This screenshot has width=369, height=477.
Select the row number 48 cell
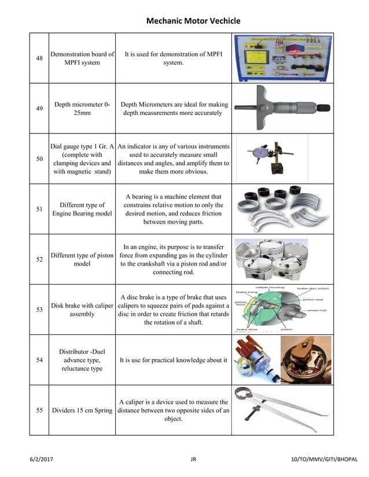click(39, 58)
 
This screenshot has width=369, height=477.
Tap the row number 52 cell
click(39, 259)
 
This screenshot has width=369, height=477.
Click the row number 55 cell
click(39, 411)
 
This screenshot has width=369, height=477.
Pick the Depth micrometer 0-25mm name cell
click(82, 109)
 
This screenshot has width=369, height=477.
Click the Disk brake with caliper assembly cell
click(82, 310)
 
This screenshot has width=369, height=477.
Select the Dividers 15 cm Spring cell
click(82, 411)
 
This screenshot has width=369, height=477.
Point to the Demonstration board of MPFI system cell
click(82, 58)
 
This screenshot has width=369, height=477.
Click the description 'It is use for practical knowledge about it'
click(173, 360)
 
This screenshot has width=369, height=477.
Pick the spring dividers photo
click(282, 410)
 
